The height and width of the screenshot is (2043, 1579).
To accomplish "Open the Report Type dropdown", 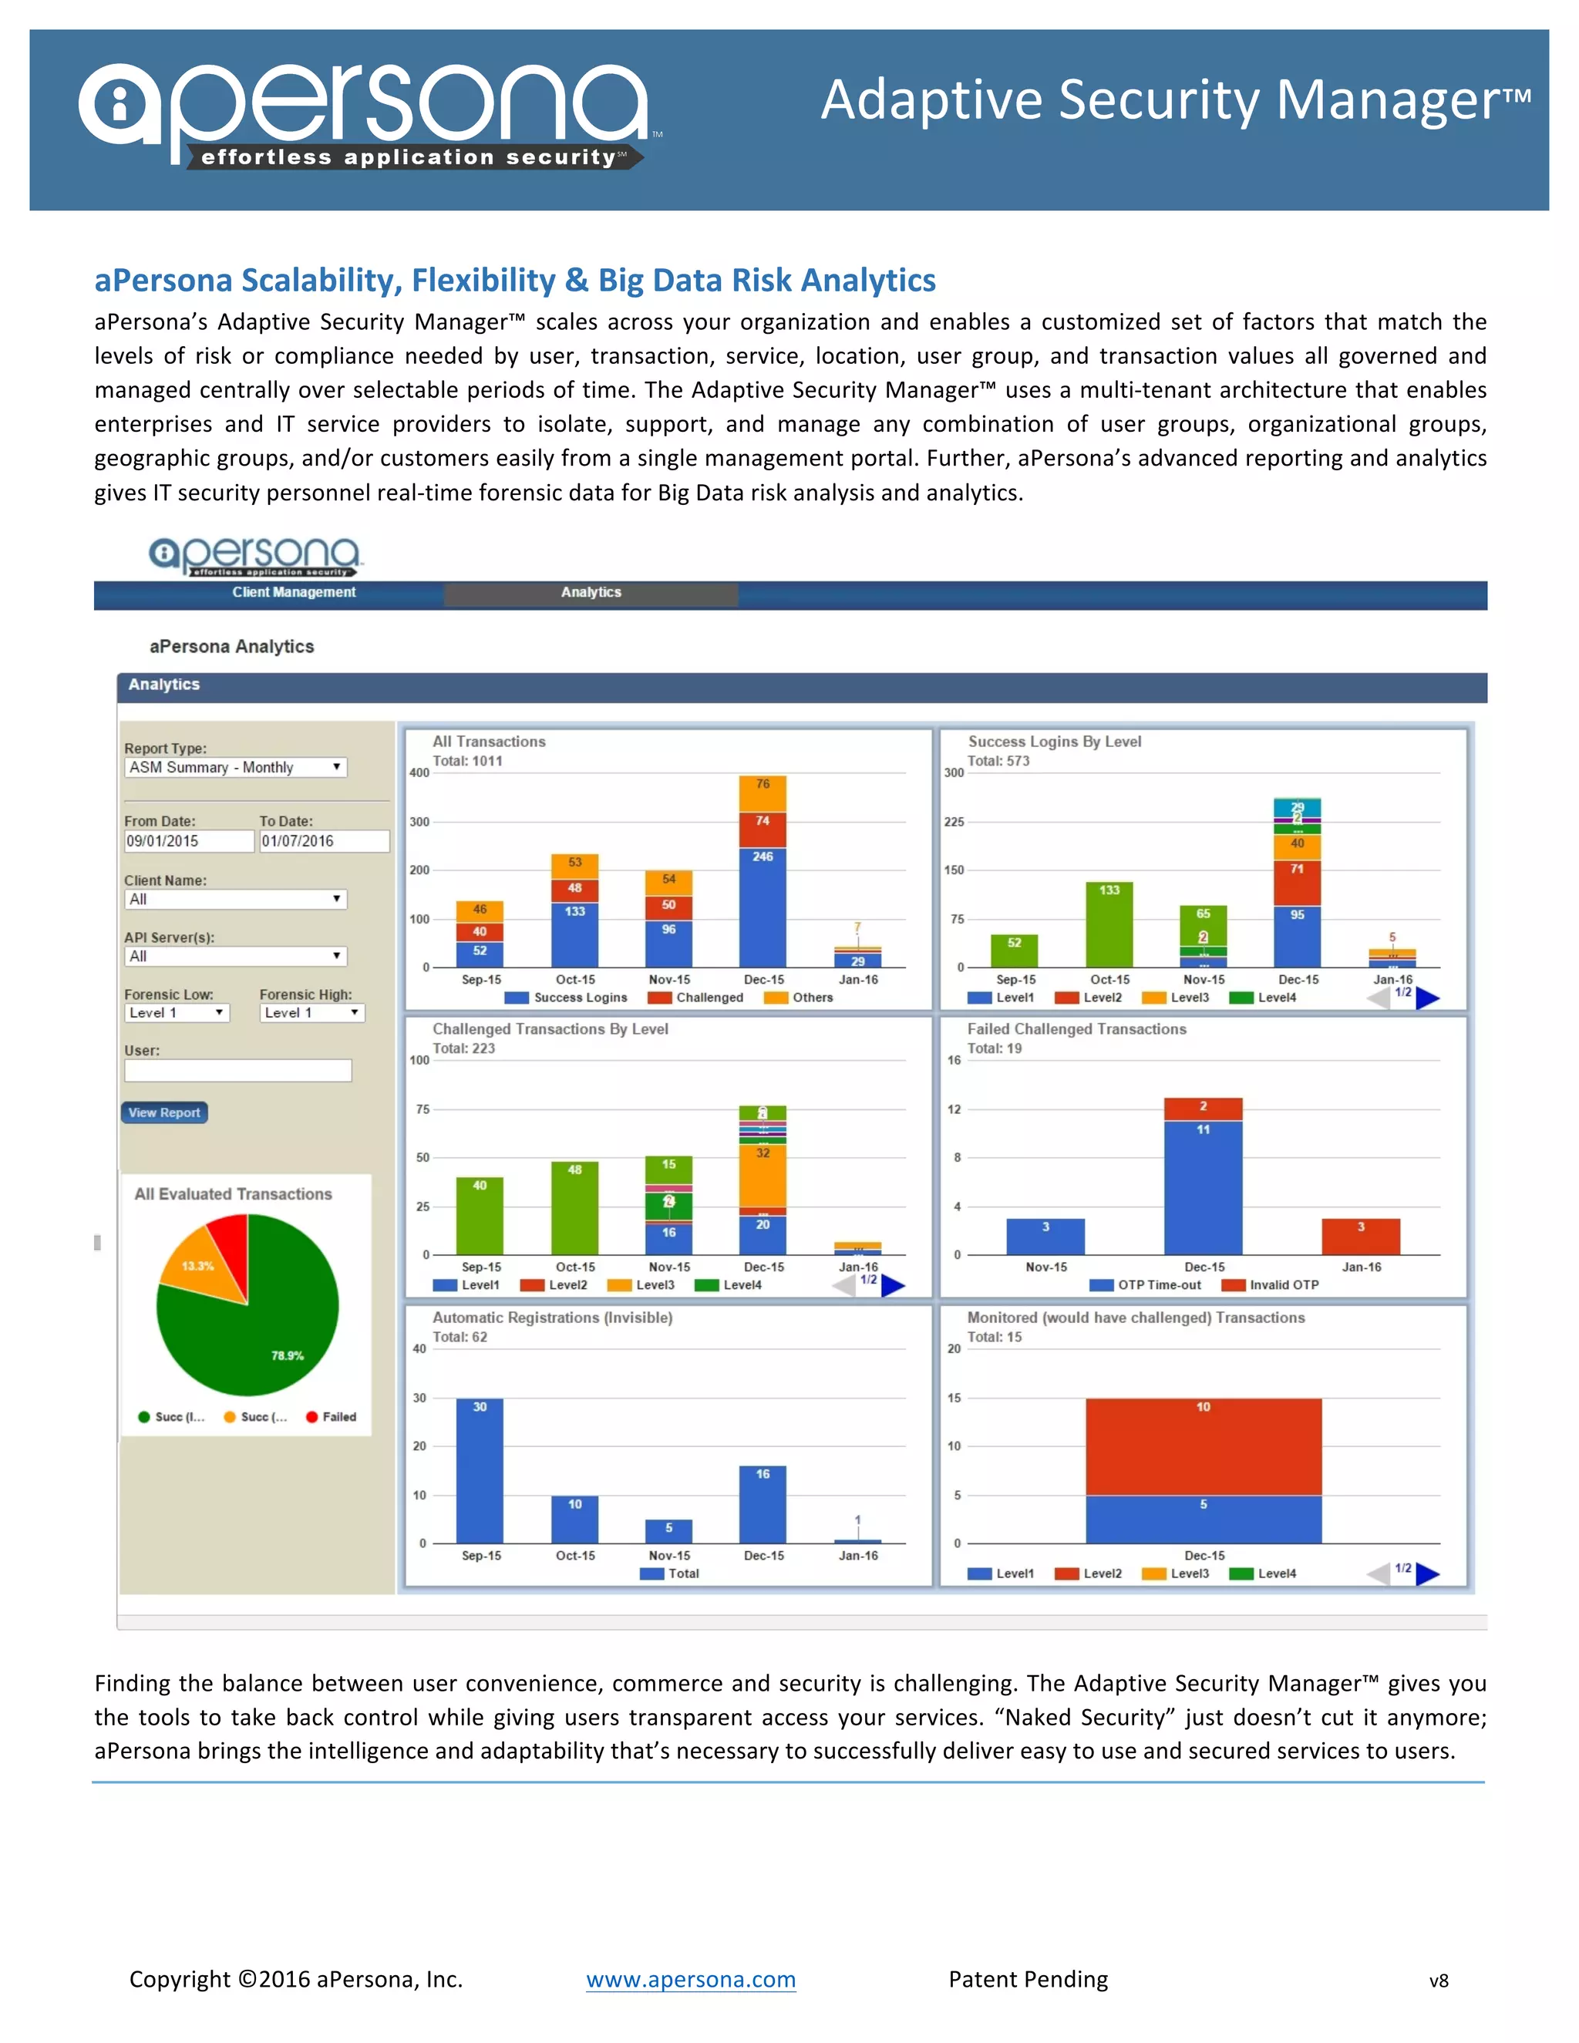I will pos(235,767).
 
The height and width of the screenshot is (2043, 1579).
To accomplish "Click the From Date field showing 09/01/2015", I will pos(188,841).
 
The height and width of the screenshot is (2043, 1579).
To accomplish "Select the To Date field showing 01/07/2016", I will pos(323,841).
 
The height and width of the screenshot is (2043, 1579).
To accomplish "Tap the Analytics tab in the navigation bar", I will pos(591,593).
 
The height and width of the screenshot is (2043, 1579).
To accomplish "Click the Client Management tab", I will pos(294,593).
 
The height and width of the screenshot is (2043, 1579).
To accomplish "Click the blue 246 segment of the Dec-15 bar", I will pos(763,907).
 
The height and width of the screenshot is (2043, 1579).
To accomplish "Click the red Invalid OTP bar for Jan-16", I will pos(1360,1237).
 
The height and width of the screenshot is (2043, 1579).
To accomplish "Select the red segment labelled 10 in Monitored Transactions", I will pos(1203,1446).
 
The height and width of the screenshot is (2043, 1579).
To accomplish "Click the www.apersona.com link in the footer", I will pos(690,1979).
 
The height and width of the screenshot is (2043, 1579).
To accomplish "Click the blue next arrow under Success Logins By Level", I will pos(1427,998).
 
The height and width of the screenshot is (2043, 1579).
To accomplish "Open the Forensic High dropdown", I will pos(311,1012).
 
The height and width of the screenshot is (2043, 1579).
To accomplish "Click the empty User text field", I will pos(237,1070).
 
